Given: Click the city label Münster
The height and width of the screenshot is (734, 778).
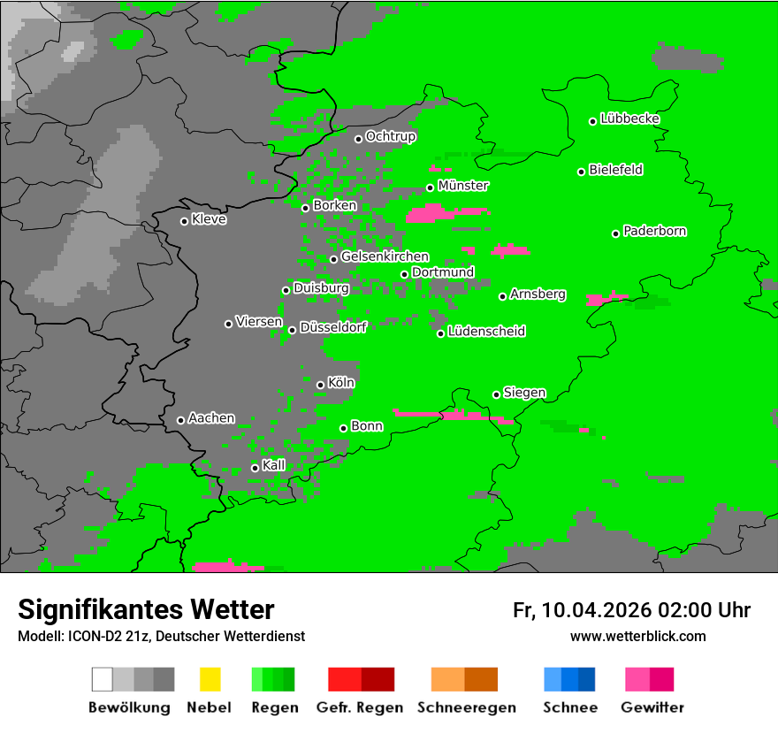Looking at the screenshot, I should point(463,186).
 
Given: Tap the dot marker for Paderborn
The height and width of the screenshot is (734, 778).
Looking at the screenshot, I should point(615,233).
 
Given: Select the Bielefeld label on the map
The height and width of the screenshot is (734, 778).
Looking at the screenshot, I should point(615,170).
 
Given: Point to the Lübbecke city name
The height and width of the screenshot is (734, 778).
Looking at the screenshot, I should point(629,119).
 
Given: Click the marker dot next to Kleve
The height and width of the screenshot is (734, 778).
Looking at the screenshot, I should point(184,221).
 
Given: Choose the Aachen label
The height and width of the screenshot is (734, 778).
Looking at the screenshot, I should point(211,418).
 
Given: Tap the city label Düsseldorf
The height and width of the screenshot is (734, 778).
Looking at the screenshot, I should point(332,327).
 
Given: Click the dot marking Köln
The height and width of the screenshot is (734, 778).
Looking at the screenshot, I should point(320,385).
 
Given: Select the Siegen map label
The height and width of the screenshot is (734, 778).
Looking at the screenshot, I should point(524,393).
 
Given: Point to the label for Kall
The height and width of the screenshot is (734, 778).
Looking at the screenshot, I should point(274,465).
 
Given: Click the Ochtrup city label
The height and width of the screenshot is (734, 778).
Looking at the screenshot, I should point(390,136).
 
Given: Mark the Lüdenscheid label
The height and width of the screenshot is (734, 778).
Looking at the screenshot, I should point(486,332).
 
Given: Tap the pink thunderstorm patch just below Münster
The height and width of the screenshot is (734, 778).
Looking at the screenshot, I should point(433,213).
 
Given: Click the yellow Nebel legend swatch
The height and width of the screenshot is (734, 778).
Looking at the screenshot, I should point(210,679).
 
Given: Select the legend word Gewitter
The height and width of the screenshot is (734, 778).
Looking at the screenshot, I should point(652,707).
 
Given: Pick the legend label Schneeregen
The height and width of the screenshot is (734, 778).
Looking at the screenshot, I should point(465,707).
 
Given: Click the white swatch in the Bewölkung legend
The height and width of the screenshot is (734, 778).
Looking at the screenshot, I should point(103,679).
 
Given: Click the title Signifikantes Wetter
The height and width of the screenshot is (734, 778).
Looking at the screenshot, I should point(146,609).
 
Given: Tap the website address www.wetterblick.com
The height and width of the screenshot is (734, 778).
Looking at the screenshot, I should point(637,636).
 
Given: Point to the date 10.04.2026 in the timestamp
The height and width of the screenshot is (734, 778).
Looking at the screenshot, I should point(597,610).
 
